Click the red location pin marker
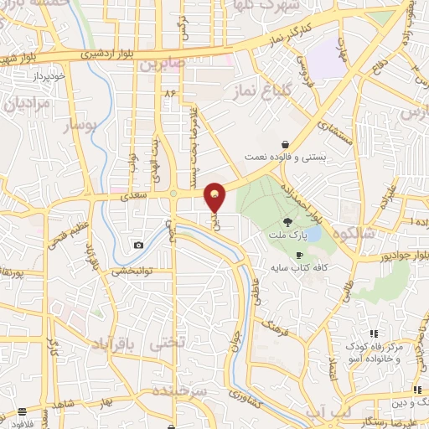[215, 197]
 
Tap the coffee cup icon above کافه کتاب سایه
[298, 254]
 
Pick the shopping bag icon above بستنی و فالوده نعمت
[286, 143]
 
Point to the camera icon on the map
[138, 245]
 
